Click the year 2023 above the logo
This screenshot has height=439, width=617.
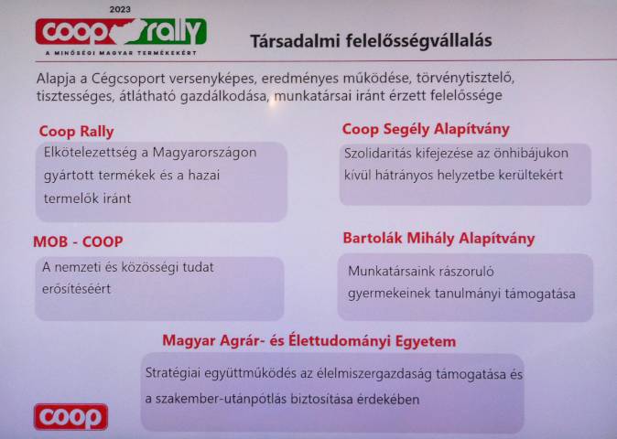coord(120,9)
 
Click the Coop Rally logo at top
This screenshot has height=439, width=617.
coord(121,31)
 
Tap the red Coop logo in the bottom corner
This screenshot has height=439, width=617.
coord(70,417)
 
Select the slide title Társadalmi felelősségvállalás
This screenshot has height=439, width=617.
coord(371,41)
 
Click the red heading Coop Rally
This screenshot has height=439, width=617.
coord(76,132)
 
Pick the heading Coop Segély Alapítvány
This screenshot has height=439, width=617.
coord(426,129)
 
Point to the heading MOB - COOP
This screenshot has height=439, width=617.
coord(79,241)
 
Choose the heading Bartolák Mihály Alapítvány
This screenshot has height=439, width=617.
coord(438,238)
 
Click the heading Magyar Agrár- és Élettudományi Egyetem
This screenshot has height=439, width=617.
coord(309,341)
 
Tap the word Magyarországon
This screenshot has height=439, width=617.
coord(205,153)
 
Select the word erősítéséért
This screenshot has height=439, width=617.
coord(76,289)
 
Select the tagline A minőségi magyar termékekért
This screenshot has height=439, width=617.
coord(121,53)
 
